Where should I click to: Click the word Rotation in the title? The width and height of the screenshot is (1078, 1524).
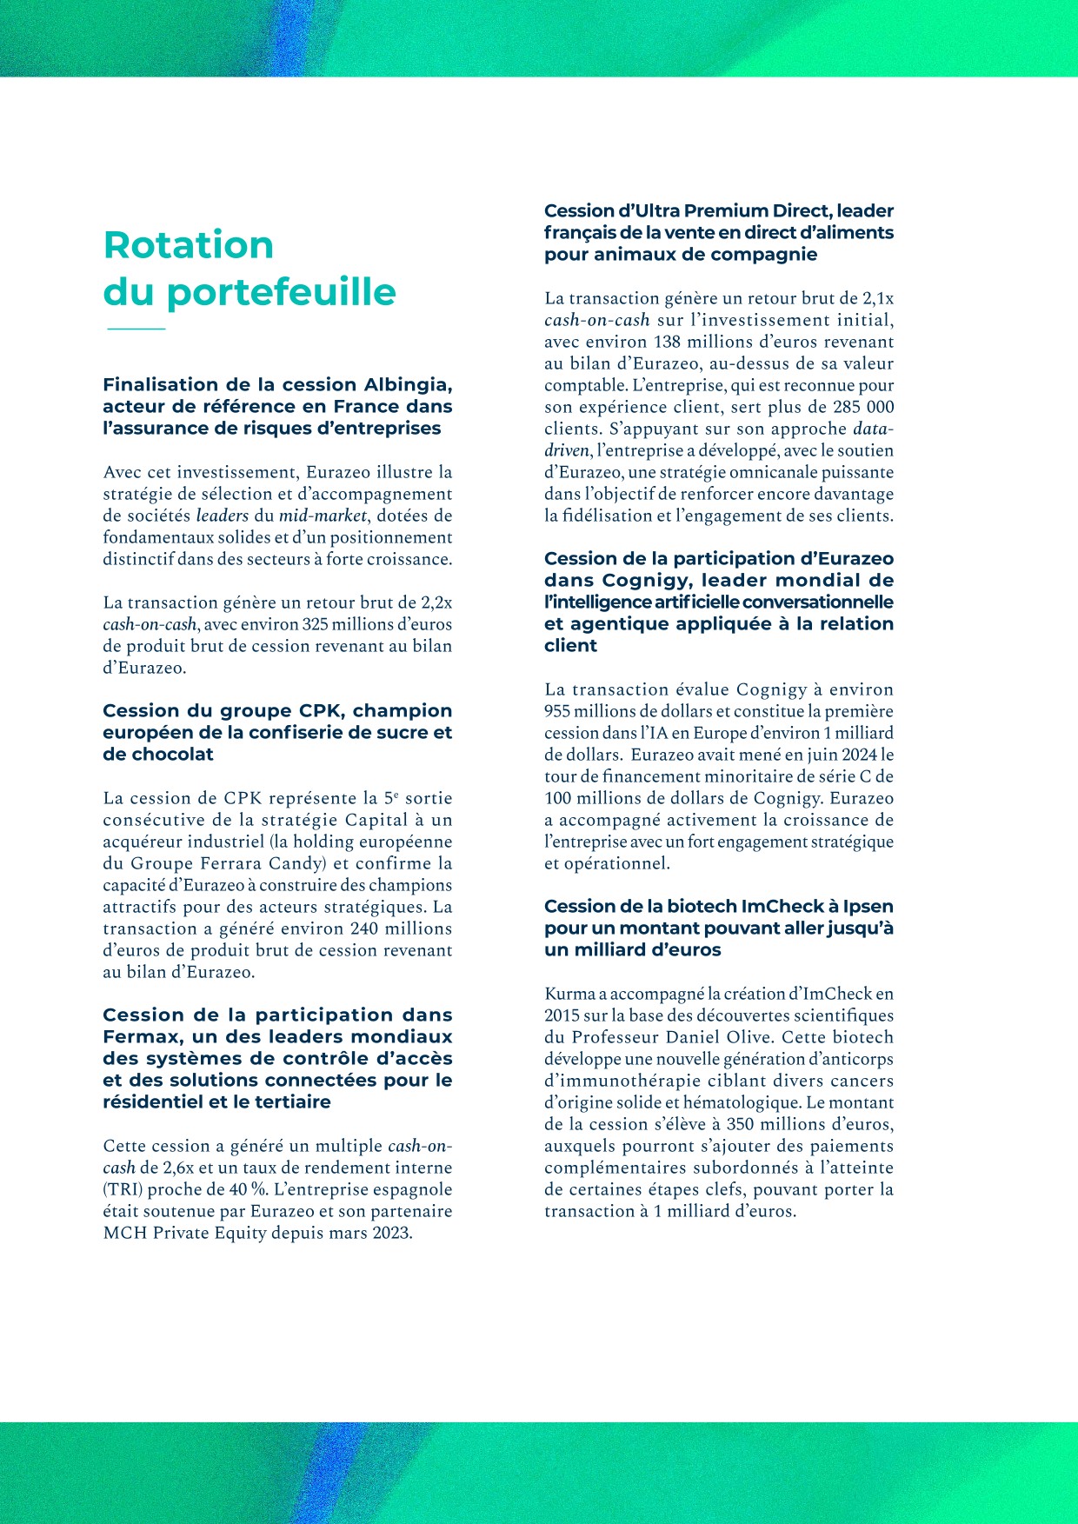[189, 245]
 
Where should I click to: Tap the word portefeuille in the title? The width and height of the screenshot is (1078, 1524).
[281, 293]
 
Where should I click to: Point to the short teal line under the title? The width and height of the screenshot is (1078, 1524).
[136, 329]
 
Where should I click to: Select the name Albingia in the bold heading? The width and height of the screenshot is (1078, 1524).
[408, 384]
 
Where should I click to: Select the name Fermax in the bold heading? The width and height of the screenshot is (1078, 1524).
[138, 1037]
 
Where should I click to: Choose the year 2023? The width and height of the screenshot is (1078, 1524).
[389, 1233]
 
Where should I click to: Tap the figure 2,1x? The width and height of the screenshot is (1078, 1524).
[875, 298]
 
